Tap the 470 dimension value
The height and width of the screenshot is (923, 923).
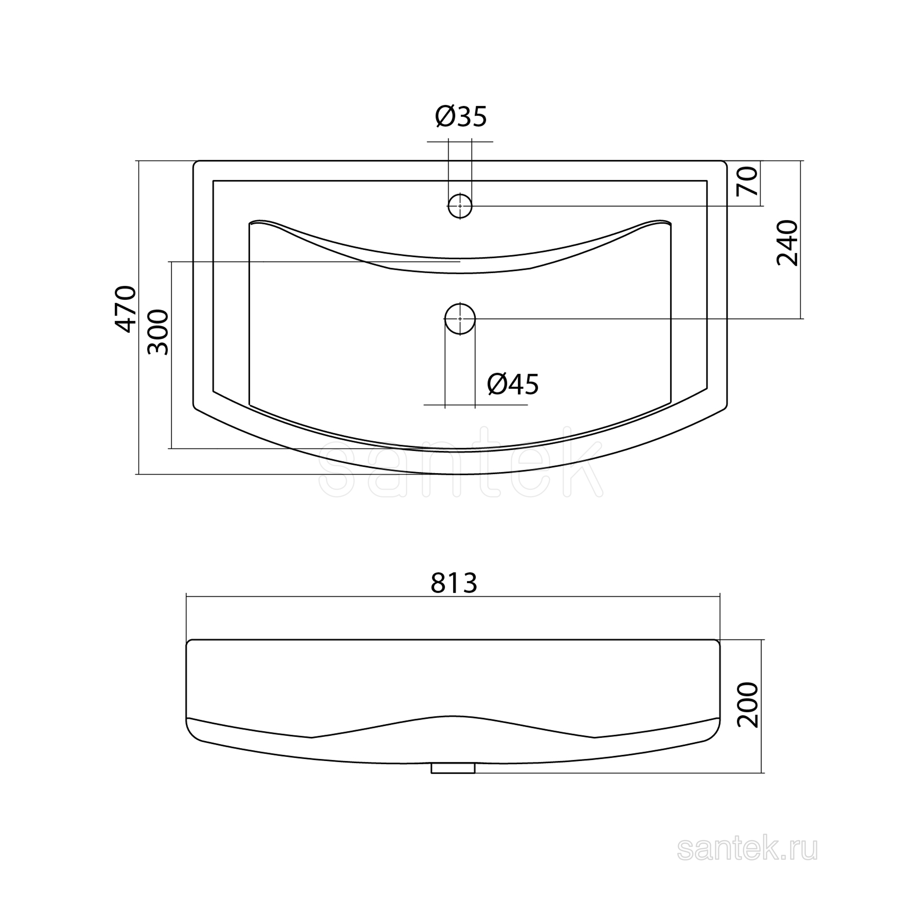click(x=126, y=309)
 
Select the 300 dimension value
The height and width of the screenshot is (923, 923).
click(x=158, y=332)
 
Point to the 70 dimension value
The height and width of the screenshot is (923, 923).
click(x=748, y=181)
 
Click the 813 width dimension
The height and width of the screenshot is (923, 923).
click(x=454, y=583)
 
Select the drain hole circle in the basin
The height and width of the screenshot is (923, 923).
click(x=460, y=319)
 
